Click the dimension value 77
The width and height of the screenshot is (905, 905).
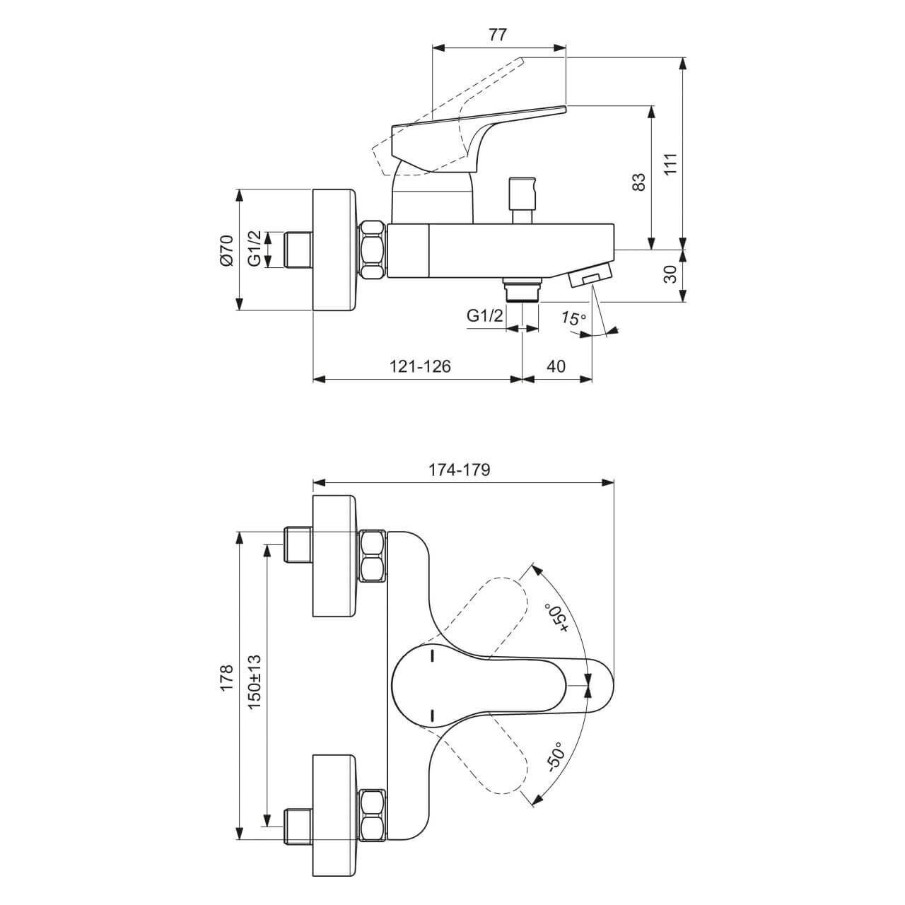click(x=498, y=35)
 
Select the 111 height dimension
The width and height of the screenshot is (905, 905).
click(x=671, y=163)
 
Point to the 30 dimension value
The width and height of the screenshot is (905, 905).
click(x=671, y=274)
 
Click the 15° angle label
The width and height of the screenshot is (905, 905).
click(x=573, y=319)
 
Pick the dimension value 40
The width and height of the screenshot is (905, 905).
click(x=556, y=366)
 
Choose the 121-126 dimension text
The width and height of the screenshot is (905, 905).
click(x=419, y=366)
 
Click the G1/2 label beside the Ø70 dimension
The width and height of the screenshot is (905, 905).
click(x=255, y=250)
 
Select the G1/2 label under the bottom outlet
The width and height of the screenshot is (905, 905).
click(x=485, y=316)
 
